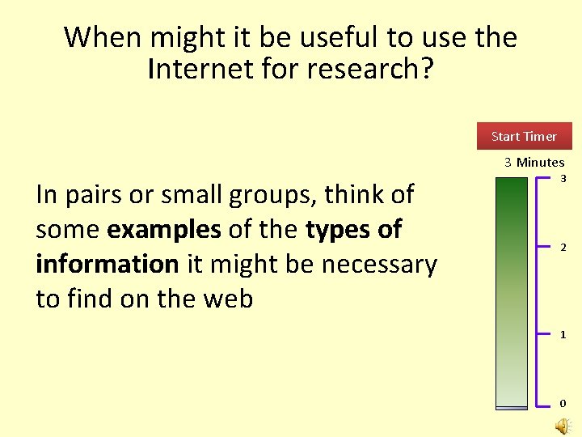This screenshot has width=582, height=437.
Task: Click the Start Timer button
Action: tap(524, 136)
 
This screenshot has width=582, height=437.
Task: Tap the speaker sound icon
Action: tap(563, 426)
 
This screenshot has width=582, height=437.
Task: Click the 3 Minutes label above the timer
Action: tap(534, 162)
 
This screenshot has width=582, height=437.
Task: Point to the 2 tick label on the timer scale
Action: tap(563, 248)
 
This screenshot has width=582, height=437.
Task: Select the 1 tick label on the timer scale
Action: tap(563, 334)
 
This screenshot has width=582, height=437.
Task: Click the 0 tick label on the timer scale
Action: tap(563, 403)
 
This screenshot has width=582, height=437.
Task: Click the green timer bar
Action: tap(510, 291)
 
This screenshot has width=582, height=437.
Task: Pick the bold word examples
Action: tap(164, 230)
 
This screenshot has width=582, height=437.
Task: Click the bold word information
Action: tap(108, 264)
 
